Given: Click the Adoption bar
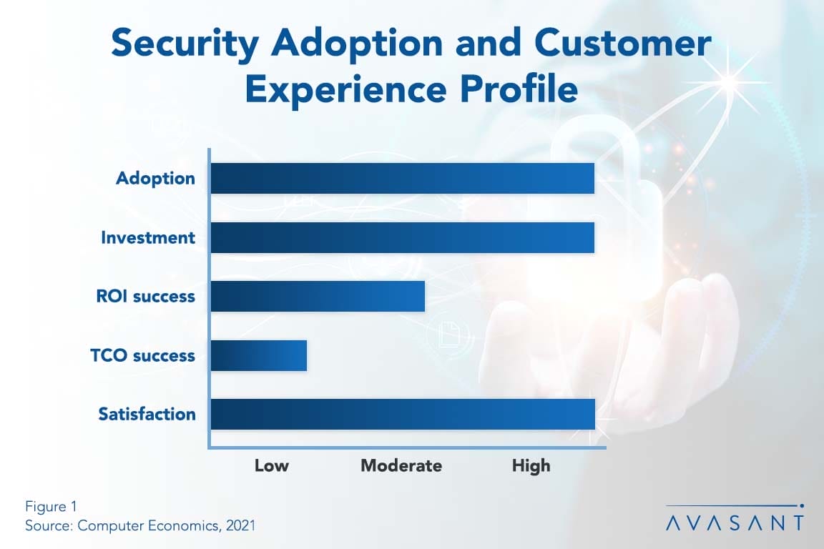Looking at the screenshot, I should (x=402, y=178).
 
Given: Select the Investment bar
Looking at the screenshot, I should (x=402, y=237).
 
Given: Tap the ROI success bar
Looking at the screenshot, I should (x=318, y=296).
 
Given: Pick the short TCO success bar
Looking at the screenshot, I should (x=259, y=355).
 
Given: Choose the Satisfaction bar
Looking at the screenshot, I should (x=403, y=414).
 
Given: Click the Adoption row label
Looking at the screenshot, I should (x=155, y=178).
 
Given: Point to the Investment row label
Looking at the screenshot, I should (x=147, y=237).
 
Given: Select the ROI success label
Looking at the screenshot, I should (x=145, y=296).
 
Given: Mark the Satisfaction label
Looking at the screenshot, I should (x=147, y=414).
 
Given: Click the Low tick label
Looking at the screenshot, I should (x=272, y=466).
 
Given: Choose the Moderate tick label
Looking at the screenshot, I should (x=401, y=466).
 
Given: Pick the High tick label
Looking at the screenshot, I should (x=531, y=466).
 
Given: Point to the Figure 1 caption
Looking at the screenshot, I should (x=51, y=507).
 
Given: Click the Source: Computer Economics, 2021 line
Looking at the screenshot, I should (x=140, y=525).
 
